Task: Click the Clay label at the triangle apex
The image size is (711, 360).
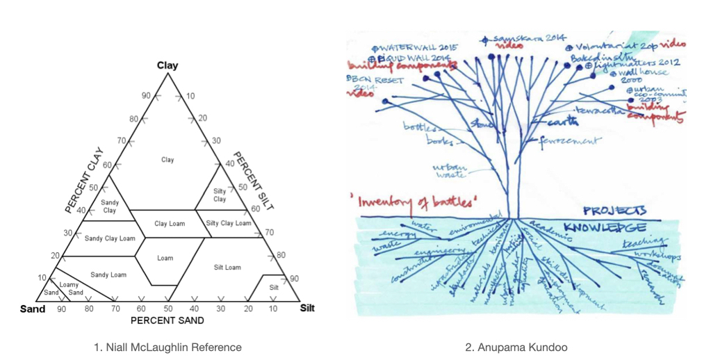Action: (167, 66)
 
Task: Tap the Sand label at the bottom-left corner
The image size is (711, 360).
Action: (31, 309)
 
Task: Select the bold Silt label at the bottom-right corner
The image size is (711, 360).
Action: (307, 308)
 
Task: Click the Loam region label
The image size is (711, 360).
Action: (165, 258)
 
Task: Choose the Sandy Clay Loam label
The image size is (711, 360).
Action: (110, 238)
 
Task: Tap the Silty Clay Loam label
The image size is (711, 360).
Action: (229, 223)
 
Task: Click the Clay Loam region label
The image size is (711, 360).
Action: (170, 224)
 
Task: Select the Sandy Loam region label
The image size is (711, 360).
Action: (108, 275)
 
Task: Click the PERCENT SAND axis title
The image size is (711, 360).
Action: (167, 320)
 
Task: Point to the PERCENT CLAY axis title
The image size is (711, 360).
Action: (83, 179)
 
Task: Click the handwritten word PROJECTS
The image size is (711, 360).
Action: (614, 210)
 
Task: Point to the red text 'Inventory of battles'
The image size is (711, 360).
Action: (401, 202)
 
